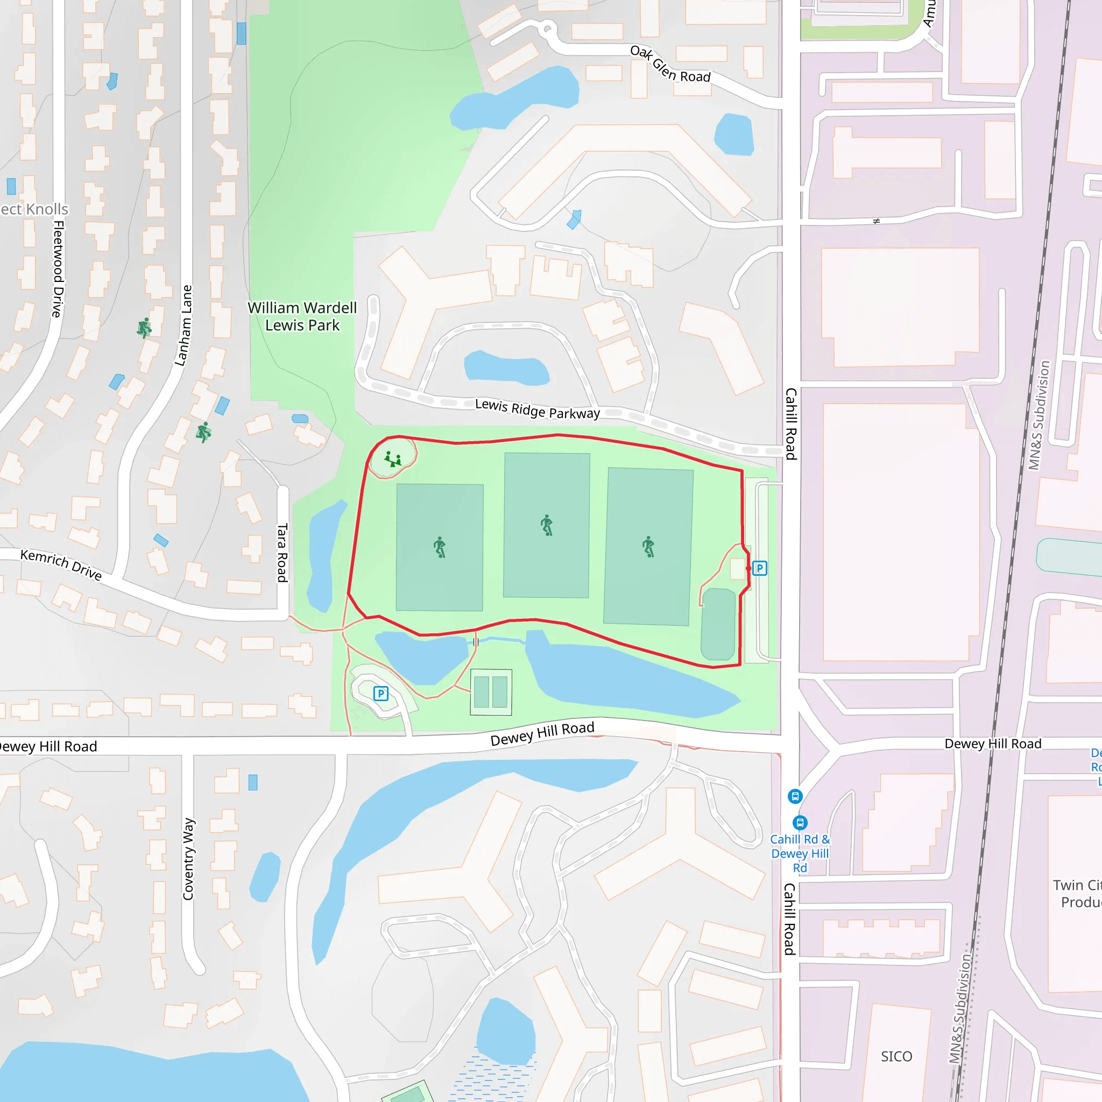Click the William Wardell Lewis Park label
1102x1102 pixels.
(302, 316)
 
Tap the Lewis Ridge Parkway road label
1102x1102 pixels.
(538, 409)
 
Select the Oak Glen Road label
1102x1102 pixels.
(670, 64)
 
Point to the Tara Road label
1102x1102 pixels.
(282, 552)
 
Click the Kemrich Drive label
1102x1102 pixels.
(61, 564)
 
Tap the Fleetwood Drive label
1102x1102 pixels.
(58, 269)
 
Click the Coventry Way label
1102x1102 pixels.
(189, 858)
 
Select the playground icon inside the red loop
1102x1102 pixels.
(392, 459)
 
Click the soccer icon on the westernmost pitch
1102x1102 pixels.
(439, 547)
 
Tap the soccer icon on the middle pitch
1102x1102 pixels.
(547, 525)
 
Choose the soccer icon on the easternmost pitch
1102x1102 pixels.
(648, 547)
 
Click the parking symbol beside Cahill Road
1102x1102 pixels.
(759, 568)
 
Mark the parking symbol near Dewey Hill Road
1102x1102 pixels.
(380, 694)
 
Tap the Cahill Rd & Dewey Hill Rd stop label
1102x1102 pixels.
(800, 853)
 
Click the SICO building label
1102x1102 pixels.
(896, 1056)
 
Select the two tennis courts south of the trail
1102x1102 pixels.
(491, 692)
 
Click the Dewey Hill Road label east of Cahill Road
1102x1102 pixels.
(992, 744)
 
